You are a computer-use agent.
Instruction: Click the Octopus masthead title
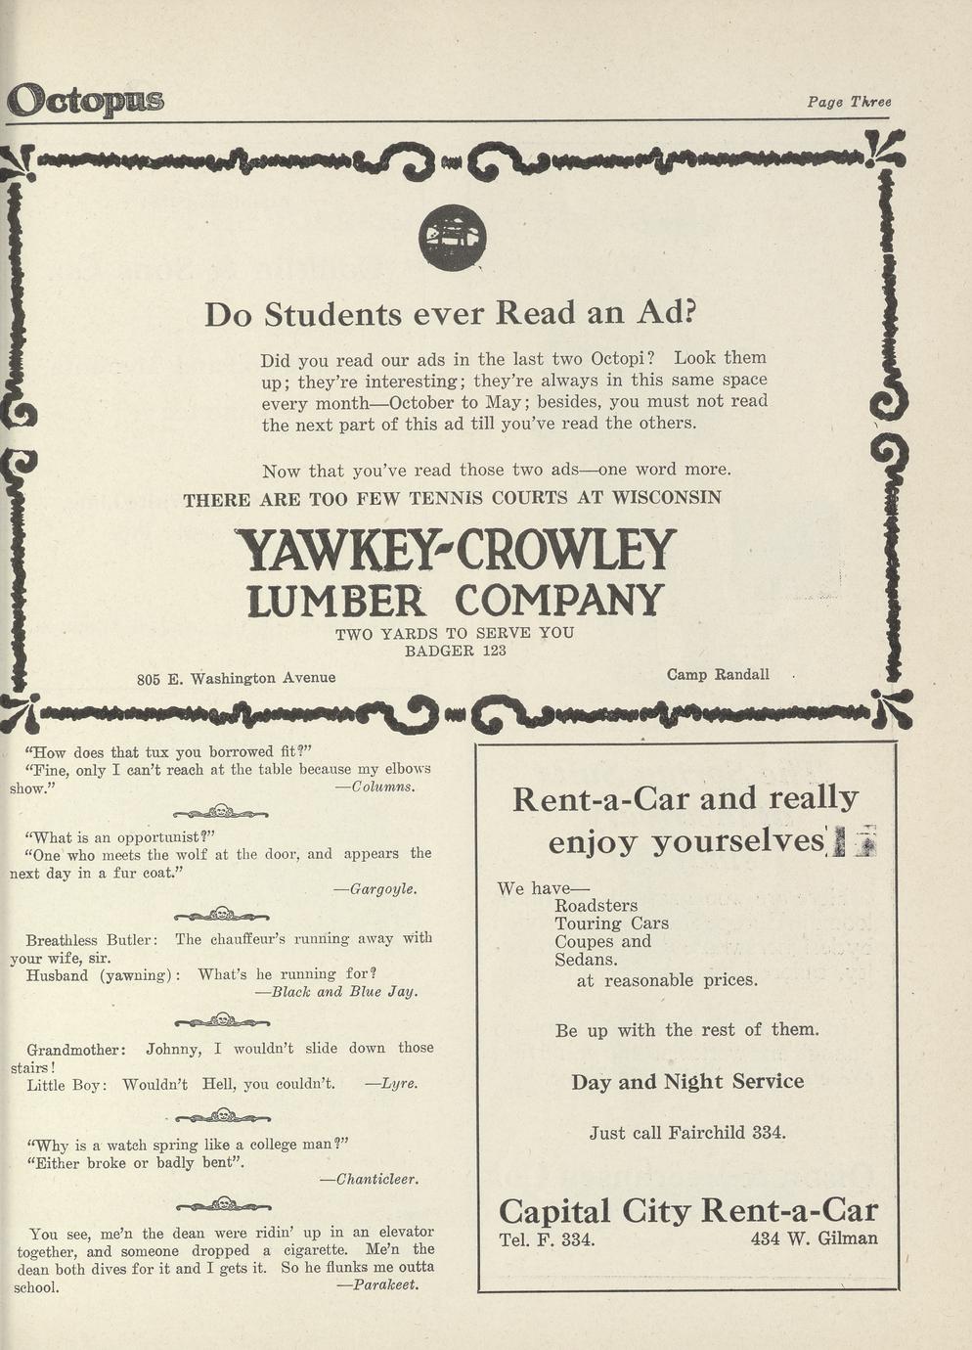point(85,100)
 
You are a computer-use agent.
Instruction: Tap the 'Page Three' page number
point(849,102)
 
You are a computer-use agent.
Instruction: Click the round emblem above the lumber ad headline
point(452,238)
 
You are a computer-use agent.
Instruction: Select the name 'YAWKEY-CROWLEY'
point(456,551)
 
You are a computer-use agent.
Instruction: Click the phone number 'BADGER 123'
point(456,651)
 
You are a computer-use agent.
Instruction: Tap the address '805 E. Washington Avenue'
point(236,677)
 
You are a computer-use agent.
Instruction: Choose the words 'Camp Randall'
point(718,674)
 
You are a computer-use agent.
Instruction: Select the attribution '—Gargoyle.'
point(376,889)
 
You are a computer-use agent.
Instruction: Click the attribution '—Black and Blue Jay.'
point(335,991)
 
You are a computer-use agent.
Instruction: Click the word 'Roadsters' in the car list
point(596,905)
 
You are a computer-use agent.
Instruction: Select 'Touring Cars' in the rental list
point(611,923)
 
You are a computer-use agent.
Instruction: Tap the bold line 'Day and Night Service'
point(687,1081)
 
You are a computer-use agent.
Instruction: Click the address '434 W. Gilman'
point(814,1238)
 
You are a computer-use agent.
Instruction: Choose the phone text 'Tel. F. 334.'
point(547,1239)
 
